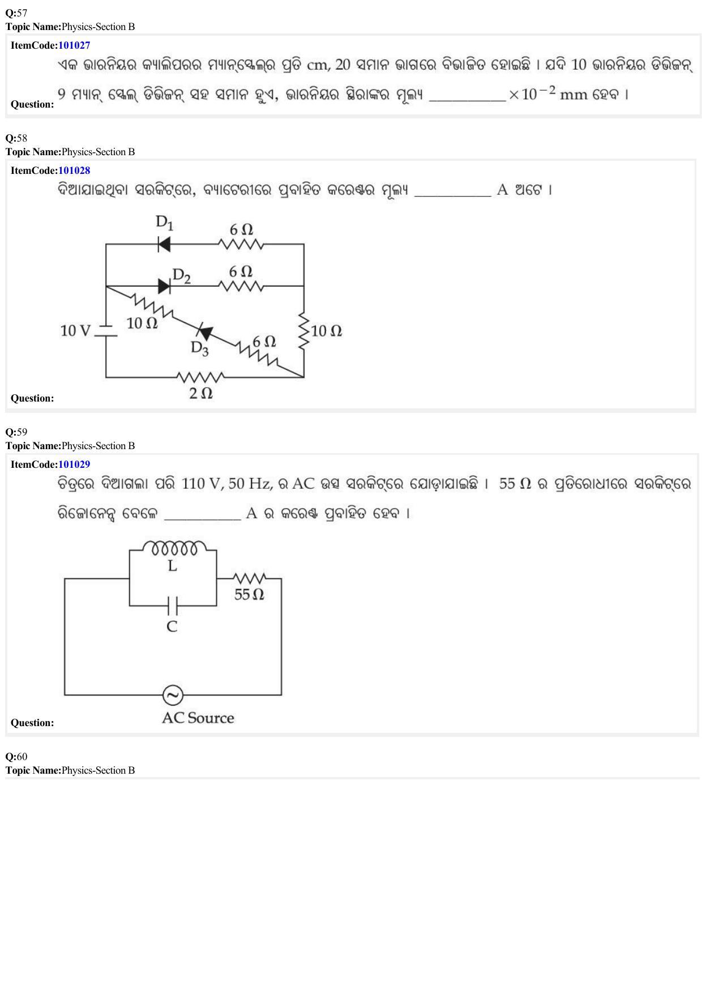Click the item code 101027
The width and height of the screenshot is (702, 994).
[74, 45]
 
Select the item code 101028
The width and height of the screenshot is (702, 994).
[74, 170]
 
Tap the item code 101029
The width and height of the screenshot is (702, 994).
[74, 464]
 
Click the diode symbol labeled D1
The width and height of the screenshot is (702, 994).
[164, 244]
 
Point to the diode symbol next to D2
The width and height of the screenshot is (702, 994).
[164, 286]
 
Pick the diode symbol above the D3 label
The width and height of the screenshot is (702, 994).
[204, 332]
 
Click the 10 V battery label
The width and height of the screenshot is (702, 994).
[75, 331]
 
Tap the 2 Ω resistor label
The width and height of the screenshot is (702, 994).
[201, 393]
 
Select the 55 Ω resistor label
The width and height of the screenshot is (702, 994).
[249, 594]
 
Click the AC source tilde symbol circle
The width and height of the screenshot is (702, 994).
[173, 695]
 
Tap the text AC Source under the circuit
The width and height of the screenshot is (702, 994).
[198, 718]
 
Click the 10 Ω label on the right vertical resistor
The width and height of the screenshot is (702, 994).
[327, 331]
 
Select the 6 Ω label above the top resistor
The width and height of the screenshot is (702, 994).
[241, 229]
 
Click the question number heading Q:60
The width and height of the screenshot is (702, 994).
[16, 757]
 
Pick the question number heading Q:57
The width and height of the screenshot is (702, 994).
[16, 13]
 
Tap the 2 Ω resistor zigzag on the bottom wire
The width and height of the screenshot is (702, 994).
[200, 377]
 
